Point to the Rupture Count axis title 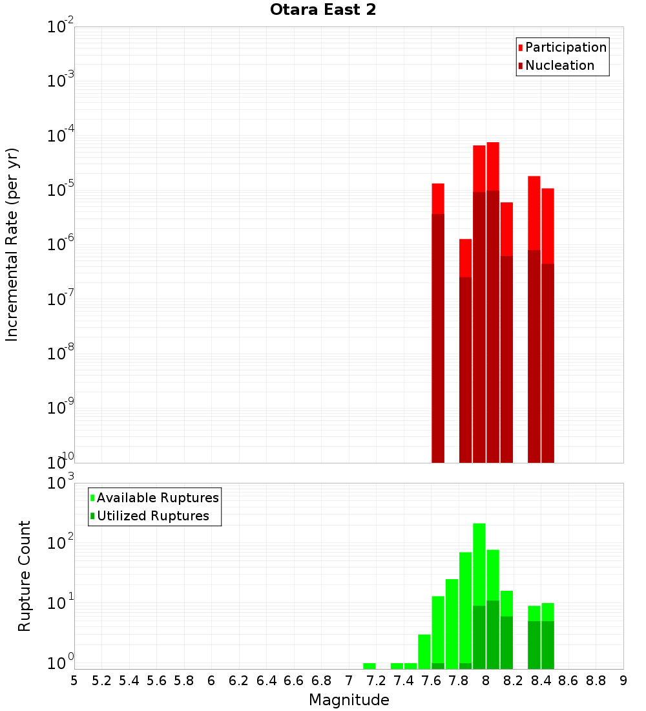click(x=25, y=575)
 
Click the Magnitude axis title click(x=349, y=700)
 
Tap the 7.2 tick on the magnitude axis click(x=376, y=681)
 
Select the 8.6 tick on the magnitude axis click(x=568, y=681)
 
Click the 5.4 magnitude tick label click(x=129, y=681)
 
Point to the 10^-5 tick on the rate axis click(x=61, y=190)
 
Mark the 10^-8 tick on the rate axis click(x=61, y=354)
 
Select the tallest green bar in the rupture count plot click(x=479, y=595)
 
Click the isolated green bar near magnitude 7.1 click(x=369, y=666)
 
